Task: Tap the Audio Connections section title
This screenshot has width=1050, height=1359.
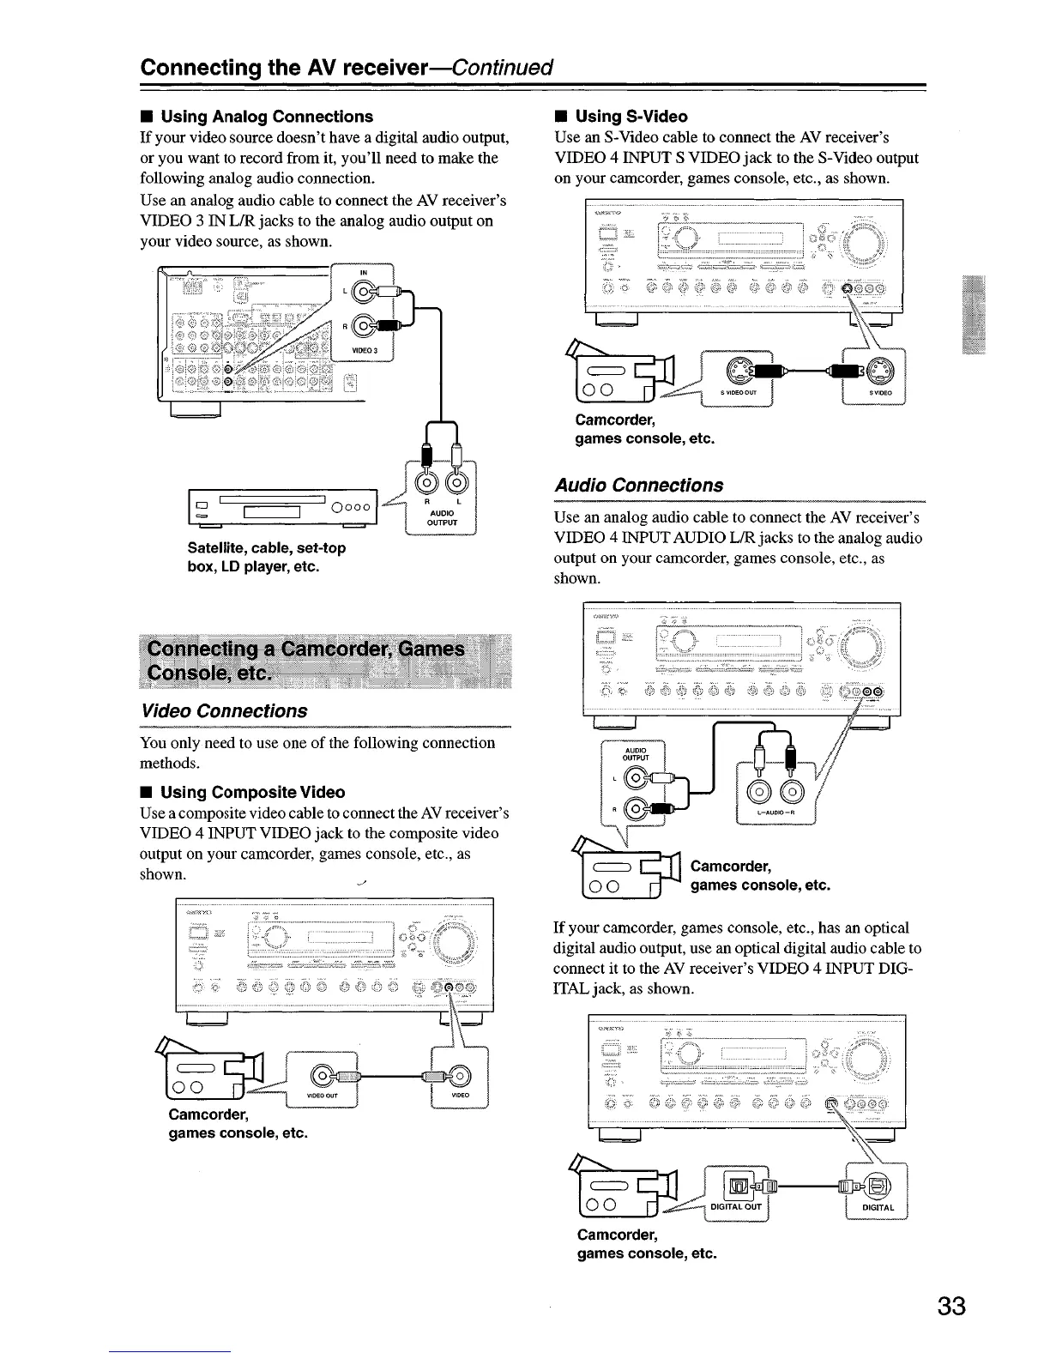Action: pyautogui.click(x=638, y=485)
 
